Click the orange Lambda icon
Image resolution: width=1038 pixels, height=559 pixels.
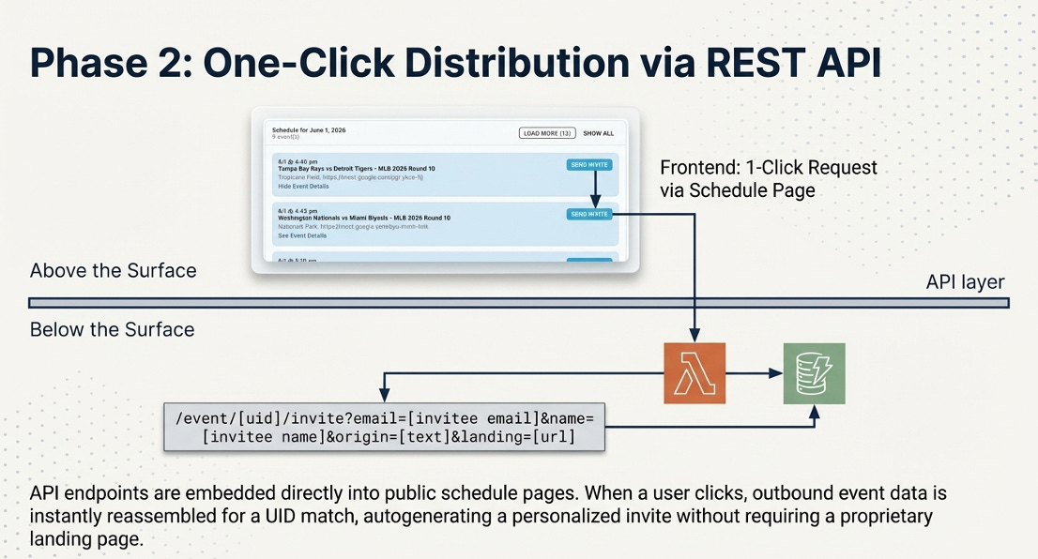(694, 373)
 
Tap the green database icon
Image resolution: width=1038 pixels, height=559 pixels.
(814, 373)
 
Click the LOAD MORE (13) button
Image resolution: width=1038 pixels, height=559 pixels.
(547, 133)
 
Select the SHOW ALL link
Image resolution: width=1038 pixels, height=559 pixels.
(599, 133)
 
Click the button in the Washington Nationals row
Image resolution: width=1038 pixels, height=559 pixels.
(589, 214)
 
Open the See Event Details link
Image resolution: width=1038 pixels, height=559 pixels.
(302, 235)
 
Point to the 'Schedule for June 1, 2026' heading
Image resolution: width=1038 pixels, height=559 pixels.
(309, 128)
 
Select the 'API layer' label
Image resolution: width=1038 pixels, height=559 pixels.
(965, 282)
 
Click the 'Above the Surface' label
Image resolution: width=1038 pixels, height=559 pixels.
(113, 271)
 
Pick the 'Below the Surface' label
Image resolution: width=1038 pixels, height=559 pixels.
(112, 330)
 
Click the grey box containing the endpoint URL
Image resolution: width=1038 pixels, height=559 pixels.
(384, 426)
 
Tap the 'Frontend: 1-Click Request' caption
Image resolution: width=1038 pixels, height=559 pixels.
(768, 168)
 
